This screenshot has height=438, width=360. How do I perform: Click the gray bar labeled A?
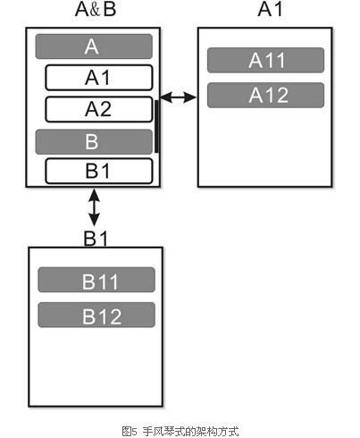click(x=94, y=46)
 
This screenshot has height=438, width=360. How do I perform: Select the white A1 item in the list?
click(x=99, y=78)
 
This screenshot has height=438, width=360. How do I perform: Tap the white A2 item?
click(x=99, y=109)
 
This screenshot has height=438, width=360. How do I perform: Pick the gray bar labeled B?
click(x=94, y=142)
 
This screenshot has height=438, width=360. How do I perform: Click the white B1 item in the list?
click(x=99, y=171)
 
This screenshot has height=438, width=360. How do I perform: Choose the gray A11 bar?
click(x=265, y=60)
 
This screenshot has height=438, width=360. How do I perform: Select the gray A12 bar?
click(x=265, y=95)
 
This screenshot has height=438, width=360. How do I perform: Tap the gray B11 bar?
click(x=96, y=280)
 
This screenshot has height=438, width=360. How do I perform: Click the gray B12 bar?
click(x=96, y=315)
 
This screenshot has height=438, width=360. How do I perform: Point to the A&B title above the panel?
click(x=96, y=9)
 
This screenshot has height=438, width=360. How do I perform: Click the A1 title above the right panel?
click(x=270, y=9)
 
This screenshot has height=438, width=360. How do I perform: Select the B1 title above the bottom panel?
click(x=96, y=239)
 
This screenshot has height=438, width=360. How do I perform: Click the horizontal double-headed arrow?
click(x=179, y=97)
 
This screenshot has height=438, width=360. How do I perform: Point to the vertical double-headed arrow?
click(x=95, y=207)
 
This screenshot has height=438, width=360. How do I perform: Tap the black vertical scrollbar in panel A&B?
click(x=156, y=126)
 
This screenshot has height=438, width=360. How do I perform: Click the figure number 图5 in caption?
click(x=129, y=431)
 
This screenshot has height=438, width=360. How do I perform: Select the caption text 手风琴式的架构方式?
click(x=190, y=431)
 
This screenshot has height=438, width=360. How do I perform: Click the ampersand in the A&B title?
click(x=95, y=10)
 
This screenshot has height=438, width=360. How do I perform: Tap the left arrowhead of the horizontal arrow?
click(x=166, y=97)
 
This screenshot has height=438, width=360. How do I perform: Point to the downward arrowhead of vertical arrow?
click(x=95, y=221)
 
